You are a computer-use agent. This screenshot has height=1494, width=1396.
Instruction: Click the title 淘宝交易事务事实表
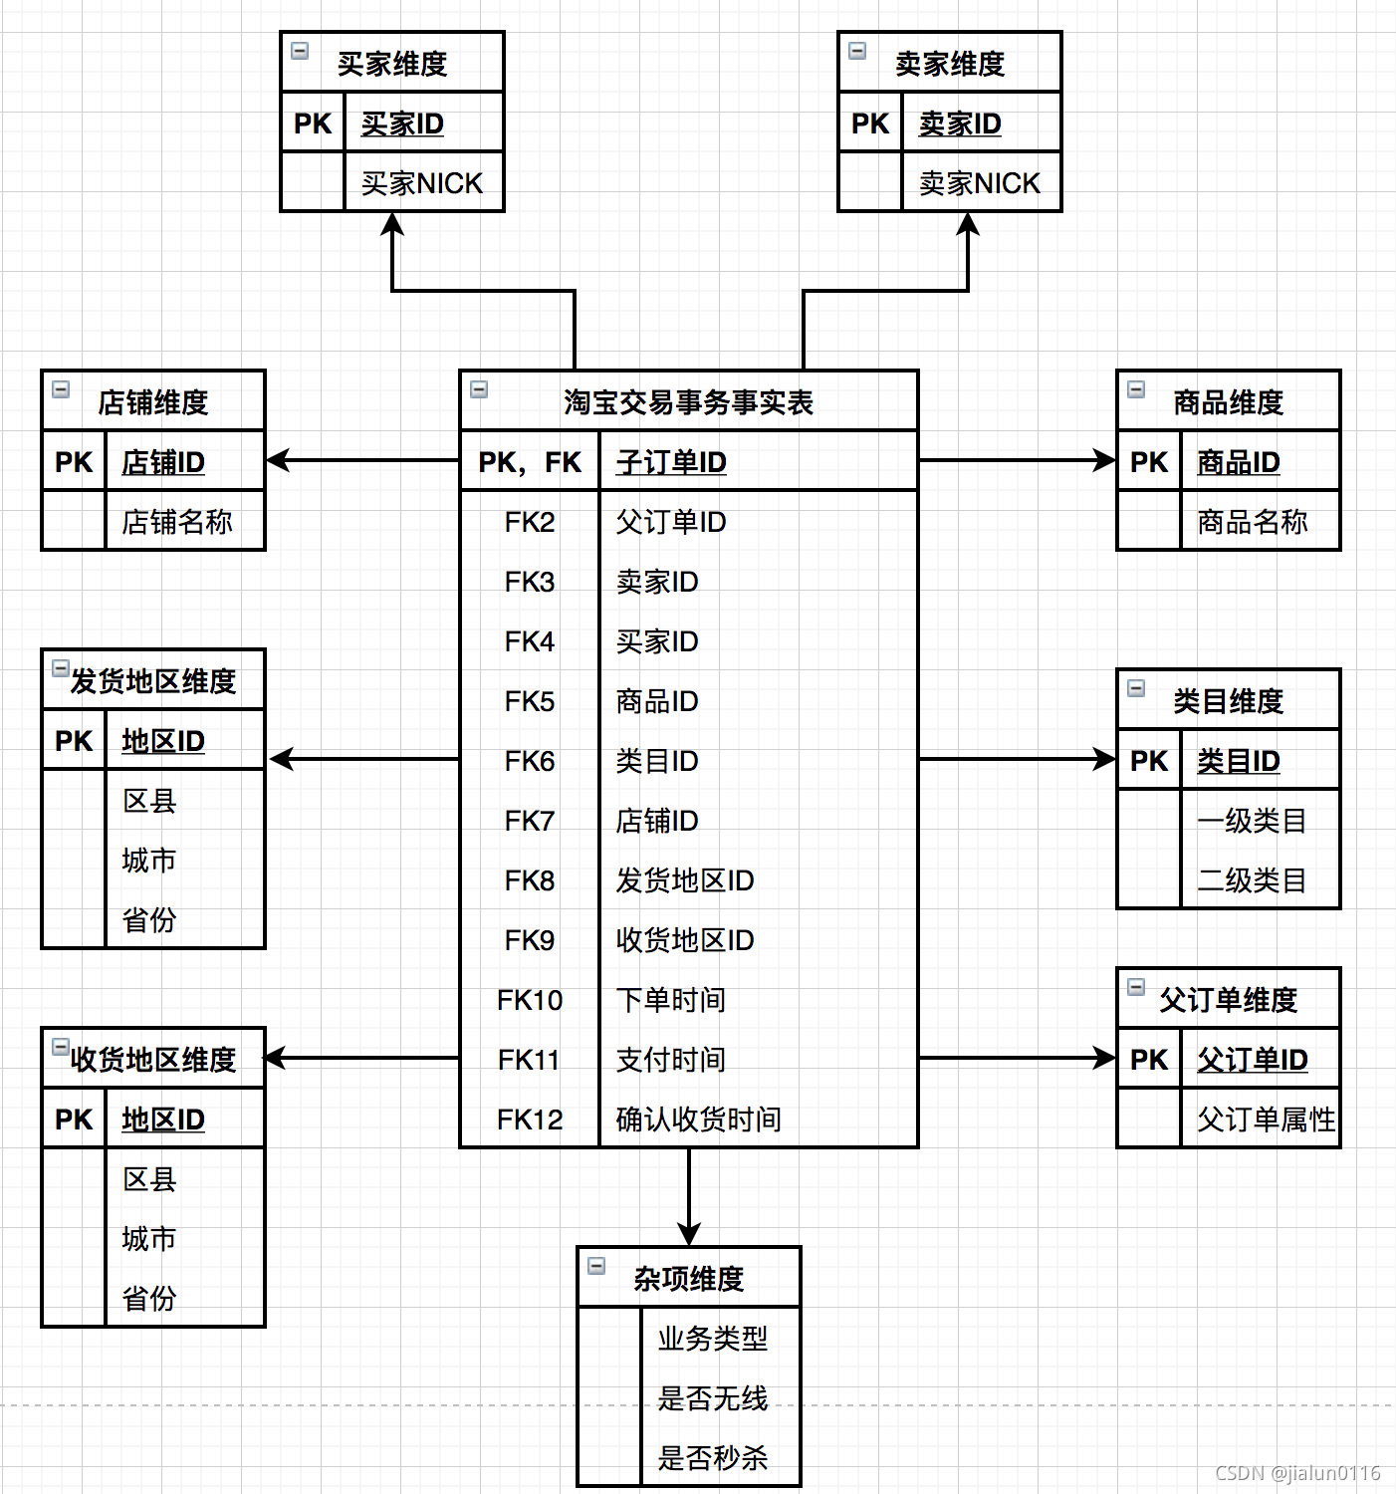[688, 402]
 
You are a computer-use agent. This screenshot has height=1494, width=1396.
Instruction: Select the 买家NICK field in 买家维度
[421, 183]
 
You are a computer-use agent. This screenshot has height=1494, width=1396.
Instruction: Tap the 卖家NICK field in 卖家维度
[979, 183]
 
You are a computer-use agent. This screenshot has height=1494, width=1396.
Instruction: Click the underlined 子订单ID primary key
[671, 462]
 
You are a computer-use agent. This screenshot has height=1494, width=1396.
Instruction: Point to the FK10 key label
[530, 1000]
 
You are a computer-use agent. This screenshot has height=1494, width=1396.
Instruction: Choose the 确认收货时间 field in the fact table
[698, 1120]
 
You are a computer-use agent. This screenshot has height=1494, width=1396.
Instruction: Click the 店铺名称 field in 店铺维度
[176, 522]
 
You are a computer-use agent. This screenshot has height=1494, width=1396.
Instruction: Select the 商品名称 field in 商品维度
[1252, 522]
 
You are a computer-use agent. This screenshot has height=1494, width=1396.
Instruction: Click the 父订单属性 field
[1265, 1120]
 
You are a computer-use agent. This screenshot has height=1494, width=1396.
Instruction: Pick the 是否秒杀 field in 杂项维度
[712, 1458]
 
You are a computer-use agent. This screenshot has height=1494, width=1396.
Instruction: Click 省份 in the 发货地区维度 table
[148, 919]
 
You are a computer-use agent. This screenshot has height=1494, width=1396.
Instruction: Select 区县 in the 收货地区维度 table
[149, 1179]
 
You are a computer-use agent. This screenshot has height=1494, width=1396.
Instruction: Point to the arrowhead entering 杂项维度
[689, 1234]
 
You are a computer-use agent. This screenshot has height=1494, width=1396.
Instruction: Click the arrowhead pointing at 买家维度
[393, 225]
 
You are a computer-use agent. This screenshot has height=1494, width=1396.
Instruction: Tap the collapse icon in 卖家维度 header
[857, 51]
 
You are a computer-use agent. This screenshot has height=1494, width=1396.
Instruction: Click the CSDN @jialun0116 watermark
[1297, 1473]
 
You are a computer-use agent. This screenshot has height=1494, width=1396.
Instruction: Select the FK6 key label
[530, 761]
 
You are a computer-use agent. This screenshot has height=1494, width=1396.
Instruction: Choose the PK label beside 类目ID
[1149, 761]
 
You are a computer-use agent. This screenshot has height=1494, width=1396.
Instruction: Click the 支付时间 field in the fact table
[670, 1060]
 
